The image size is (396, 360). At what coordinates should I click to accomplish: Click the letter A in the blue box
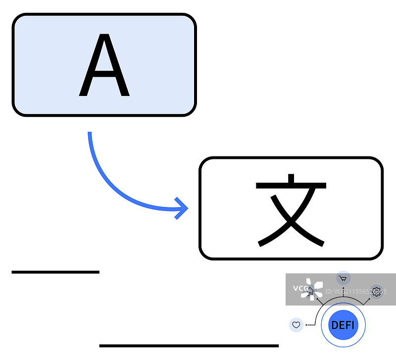tap(104, 66)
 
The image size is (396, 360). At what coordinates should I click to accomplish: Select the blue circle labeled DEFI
tap(343, 325)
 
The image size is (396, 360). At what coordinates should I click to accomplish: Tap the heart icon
tap(296, 325)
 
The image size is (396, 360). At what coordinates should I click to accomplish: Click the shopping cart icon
tap(343, 278)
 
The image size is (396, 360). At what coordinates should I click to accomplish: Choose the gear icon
tap(377, 291)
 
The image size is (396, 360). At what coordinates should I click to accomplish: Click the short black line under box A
tap(55, 272)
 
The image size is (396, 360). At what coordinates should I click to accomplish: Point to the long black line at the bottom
tap(189, 345)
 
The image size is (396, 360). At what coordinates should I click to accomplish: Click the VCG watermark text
tap(299, 288)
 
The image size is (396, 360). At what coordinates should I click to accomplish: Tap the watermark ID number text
tap(354, 292)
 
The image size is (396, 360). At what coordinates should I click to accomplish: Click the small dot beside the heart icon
tap(307, 325)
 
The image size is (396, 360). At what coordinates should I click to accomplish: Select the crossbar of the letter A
tap(104, 74)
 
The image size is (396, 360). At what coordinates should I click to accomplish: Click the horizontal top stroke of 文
tap(291, 186)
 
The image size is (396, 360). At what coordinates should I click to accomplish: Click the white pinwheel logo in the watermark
tap(313, 289)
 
